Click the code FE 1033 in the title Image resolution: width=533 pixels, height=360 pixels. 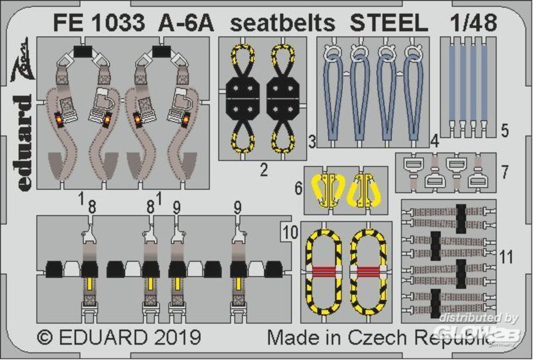99,23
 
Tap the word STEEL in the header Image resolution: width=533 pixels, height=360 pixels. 389,23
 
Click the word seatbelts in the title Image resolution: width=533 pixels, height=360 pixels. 283,23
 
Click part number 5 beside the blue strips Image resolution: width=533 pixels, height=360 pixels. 505,131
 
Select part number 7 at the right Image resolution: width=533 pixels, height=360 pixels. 505,172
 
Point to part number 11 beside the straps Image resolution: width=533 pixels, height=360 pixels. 506,257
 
